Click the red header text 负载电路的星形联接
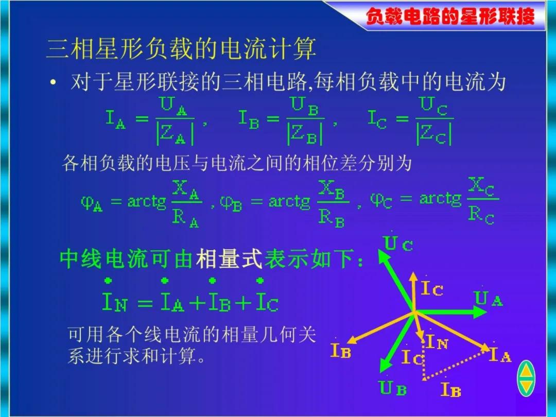[x=450, y=16]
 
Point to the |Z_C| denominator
[x=434, y=133]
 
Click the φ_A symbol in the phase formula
[x=92, y=203]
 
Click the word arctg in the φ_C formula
[x=440, y=199]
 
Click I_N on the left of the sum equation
[x=114, y=302]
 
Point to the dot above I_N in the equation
[x=108, y=281]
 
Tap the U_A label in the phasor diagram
[x=488, y=299]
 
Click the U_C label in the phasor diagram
[x=398, y=244]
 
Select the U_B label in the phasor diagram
[x=392, y=388]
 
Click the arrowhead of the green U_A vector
[x=481, y=312]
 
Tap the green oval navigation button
[x=526, y=378]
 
